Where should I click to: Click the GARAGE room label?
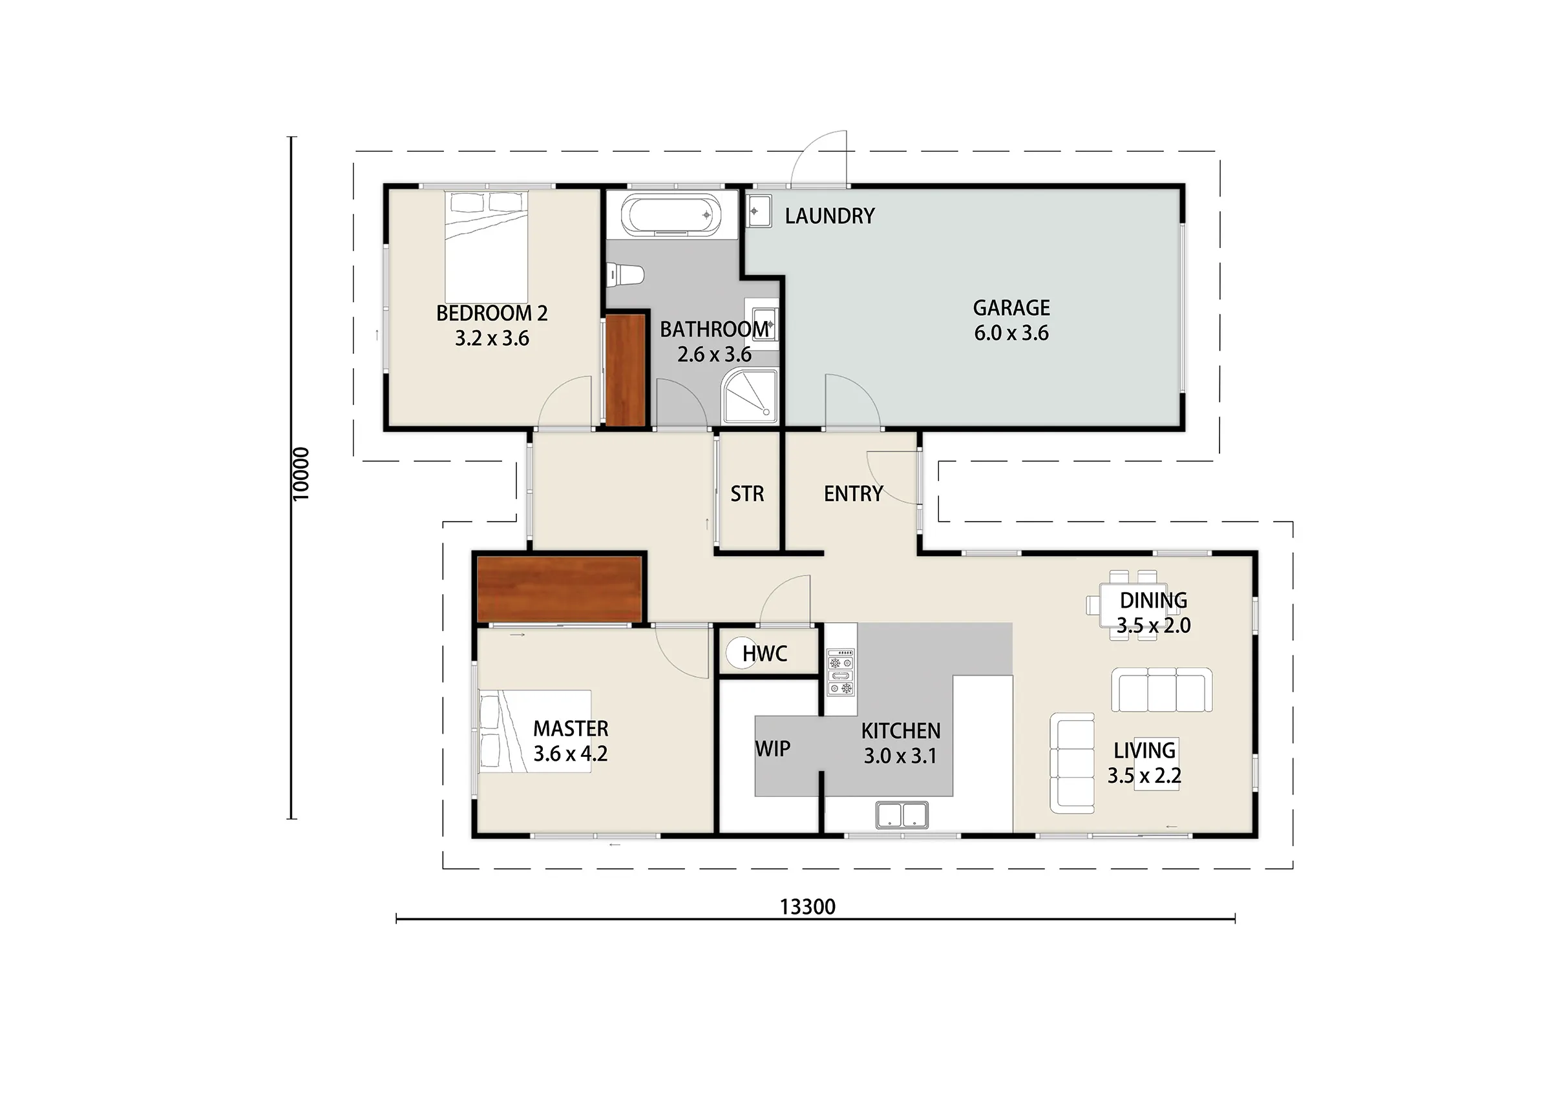1011,308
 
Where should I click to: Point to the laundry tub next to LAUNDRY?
759,211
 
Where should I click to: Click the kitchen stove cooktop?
840,672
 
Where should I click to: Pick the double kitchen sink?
902,815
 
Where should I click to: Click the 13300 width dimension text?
807,907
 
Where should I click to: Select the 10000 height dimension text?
301,474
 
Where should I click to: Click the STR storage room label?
747,493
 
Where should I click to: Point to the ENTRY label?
853,493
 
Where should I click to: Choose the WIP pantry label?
772,749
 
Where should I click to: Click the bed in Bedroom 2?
486,247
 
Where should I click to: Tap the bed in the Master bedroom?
535,731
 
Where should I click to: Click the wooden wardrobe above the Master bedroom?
560,589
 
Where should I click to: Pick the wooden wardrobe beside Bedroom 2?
626,370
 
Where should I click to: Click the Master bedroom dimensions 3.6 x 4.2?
571,754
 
